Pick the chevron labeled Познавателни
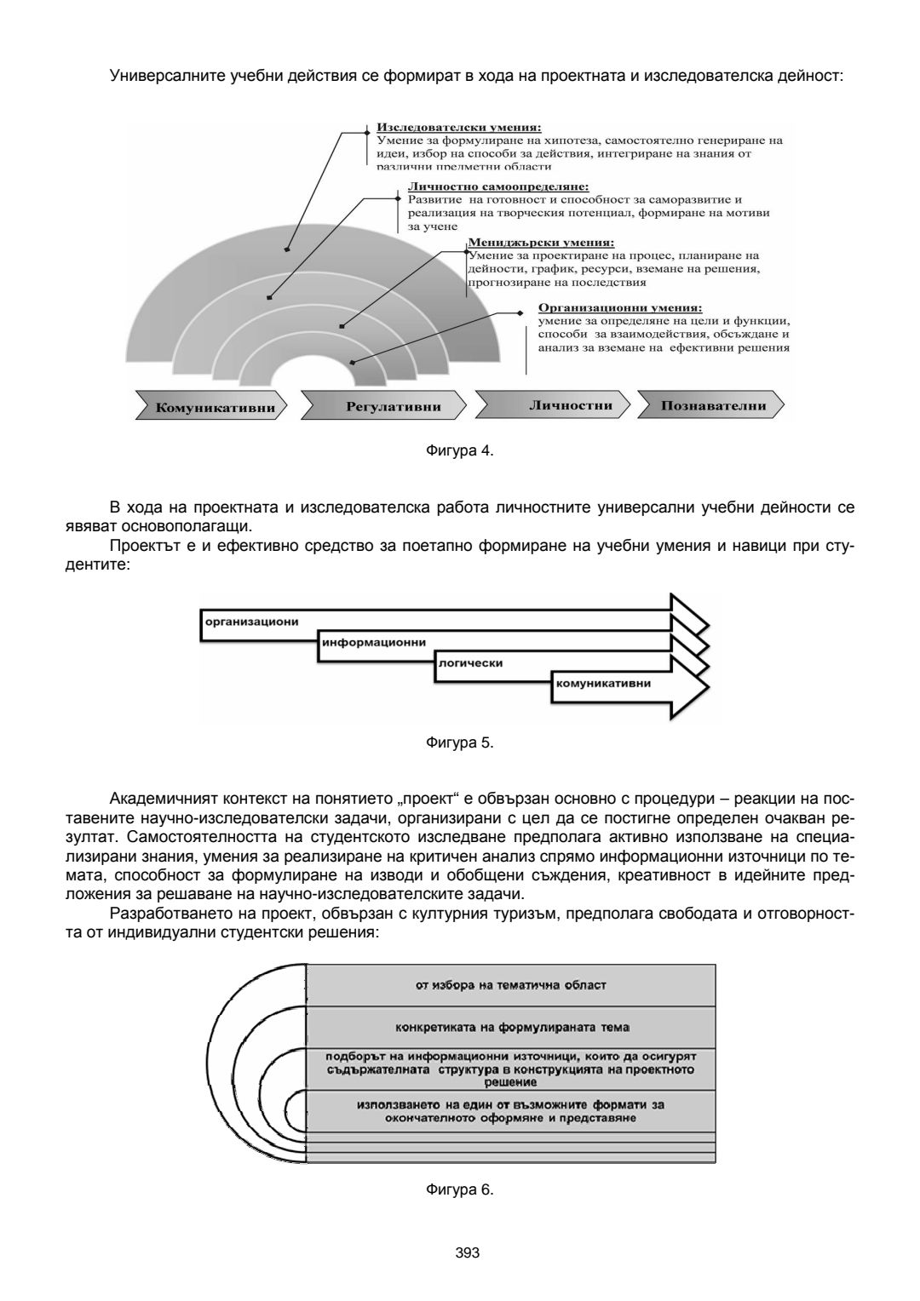(713, 405)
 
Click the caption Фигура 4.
(459, 451)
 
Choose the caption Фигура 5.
(459, 742)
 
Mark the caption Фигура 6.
(459, 1189)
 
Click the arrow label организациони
(251, 621)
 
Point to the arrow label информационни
(373, 642)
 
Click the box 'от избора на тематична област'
(510, 985)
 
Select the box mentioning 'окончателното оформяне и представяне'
(510, 1111)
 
